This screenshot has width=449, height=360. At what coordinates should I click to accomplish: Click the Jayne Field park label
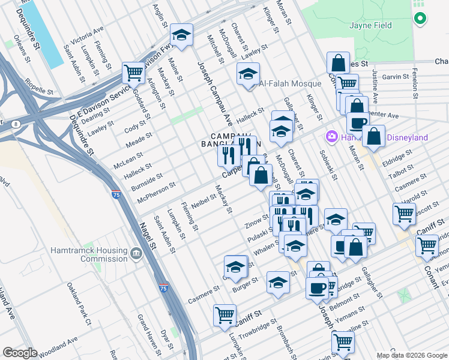(x=370, y=25)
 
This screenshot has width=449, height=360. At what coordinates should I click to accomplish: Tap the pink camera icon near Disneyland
(x=331, y=137)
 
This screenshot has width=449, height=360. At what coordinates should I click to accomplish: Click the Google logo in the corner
(x=20, y=353)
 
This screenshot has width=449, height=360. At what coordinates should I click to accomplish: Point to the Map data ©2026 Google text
(x=412, y=355)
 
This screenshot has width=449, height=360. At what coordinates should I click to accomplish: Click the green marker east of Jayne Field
(x=420, y=19)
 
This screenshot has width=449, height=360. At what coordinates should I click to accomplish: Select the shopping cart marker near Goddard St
(x=133, y=73)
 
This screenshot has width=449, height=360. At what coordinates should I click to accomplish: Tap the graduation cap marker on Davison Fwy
(x=181, y=34)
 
